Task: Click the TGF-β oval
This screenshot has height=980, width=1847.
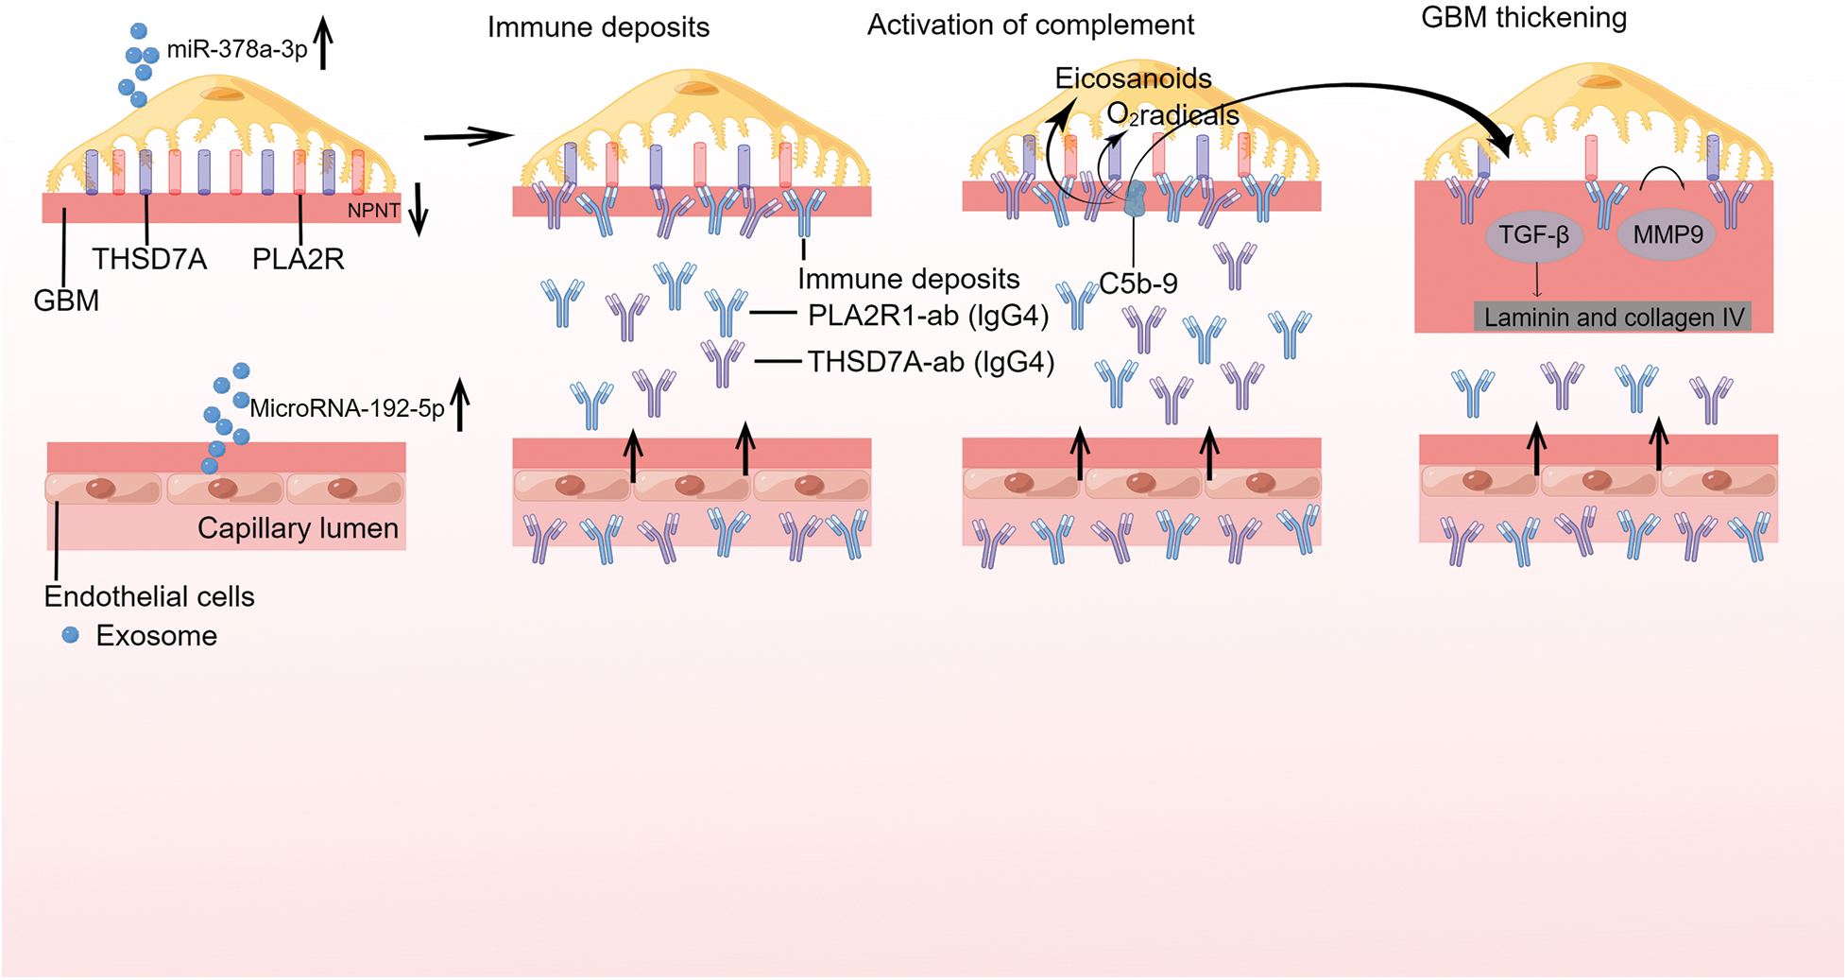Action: point(1533,235)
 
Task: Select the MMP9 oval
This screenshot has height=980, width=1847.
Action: point(1667,235)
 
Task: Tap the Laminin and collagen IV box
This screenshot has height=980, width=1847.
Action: point(1613,317)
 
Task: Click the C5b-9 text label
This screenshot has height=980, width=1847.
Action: point(1138,284)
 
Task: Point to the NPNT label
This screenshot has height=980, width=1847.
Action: point(373,210)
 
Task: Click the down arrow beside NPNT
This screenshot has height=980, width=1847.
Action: point(418,209)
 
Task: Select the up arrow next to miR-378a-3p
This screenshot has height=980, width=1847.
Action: point(323,44)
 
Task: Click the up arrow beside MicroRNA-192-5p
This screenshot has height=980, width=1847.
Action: point(460,404)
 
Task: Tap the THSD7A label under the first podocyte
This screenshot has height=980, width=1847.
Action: point(149,259)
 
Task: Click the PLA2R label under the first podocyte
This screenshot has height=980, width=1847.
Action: point(298,259)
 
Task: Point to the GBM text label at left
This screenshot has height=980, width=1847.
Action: point(66,301)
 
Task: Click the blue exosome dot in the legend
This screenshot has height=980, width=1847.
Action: point(71,635)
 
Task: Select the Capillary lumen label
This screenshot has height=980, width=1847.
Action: point(298,528)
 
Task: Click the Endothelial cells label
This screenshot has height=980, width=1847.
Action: point(149,596)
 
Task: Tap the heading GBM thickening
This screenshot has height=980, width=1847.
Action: point(1524,18)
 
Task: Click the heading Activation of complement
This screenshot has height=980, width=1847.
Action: point(1031,25)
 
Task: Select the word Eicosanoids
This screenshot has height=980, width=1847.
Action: point(1133,78)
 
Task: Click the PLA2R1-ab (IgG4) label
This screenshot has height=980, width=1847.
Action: point(928,316)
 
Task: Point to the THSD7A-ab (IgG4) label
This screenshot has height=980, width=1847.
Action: point(931,362)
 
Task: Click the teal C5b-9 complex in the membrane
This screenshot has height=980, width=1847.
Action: point(1134,199)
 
